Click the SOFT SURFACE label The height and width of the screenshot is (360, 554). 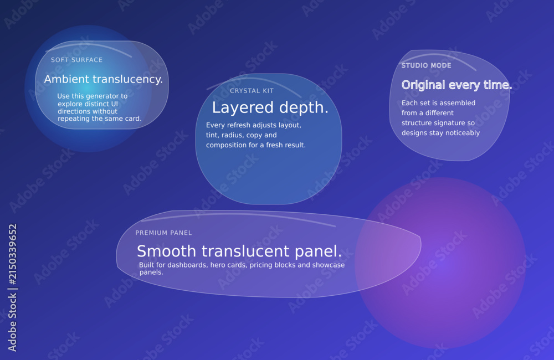[76, 60]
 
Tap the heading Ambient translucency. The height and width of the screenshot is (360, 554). [104, 79]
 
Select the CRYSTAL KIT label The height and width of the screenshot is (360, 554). [252, 91]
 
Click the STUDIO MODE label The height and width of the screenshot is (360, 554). [427, 65]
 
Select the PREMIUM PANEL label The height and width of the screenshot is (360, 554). [163, 233]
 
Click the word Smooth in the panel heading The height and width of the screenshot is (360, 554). [166, 251]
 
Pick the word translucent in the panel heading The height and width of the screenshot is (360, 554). [245, 251]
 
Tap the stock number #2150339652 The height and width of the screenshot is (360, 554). [12, 254]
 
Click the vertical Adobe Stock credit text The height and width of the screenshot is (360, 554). [12, 288]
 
